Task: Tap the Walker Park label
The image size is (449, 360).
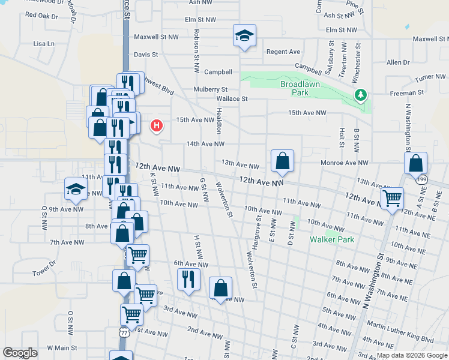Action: [x=332, y=239]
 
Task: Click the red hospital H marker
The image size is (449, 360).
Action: [x=157, y=125]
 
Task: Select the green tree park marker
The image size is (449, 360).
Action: [x=361, y=95]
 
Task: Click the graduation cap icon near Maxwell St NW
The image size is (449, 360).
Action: [x=244, y=35]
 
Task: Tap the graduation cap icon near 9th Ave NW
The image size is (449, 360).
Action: [x=76, y=189]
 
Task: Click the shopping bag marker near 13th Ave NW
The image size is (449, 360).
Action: [x=282, y=161]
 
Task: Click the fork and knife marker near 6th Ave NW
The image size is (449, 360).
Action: [x=189, y=279]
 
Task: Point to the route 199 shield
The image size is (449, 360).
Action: [x=423, y=179]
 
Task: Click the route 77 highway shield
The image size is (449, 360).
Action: [x=124, y=332]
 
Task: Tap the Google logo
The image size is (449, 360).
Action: [x=20, y=353]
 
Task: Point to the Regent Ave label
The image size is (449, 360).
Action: [x=283, y=52]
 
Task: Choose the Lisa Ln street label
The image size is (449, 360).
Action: [x=44, y=44]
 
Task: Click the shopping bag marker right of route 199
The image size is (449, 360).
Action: [x=415, y=163]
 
